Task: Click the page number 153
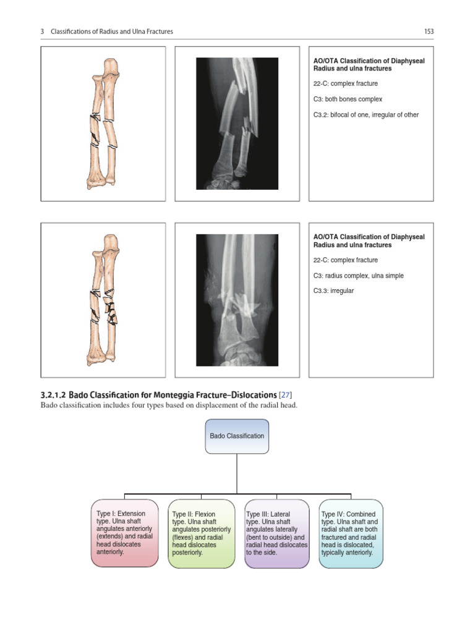(429, 32)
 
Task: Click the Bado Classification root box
(237, 436)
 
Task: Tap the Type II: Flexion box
(200, 533)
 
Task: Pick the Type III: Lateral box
(276, 533)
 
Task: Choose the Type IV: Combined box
(351, 533)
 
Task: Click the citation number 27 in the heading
(285, 394)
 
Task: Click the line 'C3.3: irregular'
(334, 291)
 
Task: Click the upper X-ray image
(237, 123)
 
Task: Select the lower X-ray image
(237, 300)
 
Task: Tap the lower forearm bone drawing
(104, 300)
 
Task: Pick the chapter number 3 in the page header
(43, 32)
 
